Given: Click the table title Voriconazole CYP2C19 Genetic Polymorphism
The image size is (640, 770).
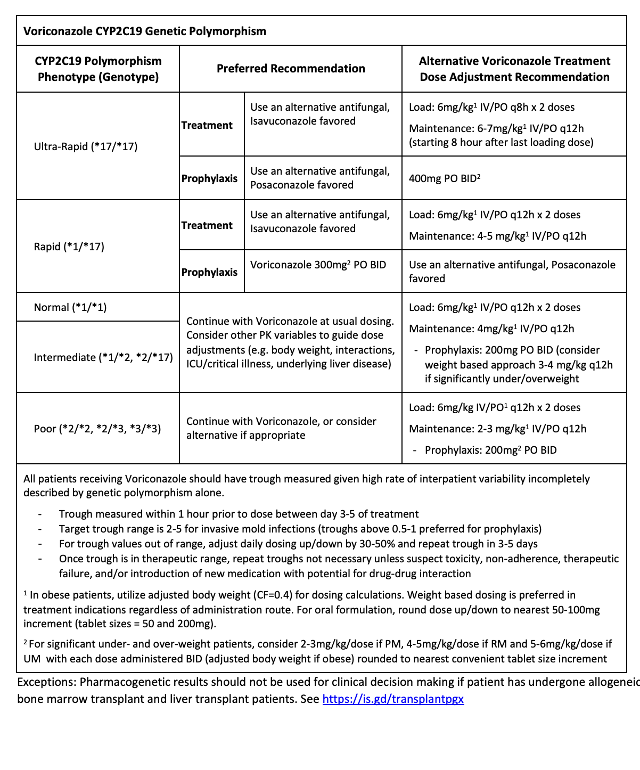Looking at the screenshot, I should tap(144, 31).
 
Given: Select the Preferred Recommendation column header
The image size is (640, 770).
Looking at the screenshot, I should tap(291, 69).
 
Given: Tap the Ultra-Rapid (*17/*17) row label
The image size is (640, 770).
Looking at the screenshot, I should tap(86, 146).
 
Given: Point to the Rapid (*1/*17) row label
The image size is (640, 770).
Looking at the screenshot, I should tap(69, 247).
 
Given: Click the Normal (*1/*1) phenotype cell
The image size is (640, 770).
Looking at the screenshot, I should tap(70, 307).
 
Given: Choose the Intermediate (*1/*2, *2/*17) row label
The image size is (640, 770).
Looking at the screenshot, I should tap(103, 357).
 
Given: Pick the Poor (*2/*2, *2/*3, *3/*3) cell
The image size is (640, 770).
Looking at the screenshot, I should tap(97, 429).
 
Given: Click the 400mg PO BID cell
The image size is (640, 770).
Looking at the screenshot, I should tap(445, 178).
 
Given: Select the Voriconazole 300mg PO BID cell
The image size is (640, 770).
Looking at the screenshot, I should tap(318, 265).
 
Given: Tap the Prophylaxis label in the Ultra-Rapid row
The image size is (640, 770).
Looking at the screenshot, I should tap(209, 178).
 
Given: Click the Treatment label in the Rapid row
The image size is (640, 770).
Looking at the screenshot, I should tap(207, 225).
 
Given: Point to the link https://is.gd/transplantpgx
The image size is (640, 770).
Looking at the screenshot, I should tap(393, 699).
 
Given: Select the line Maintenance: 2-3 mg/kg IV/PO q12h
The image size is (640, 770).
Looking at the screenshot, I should tap(497, 429).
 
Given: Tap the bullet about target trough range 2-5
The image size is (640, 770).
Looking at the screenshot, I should tap(300, 529).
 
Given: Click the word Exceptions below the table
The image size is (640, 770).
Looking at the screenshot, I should tap(45, 682).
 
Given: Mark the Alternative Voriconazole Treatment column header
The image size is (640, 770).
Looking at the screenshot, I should tap(514, 69).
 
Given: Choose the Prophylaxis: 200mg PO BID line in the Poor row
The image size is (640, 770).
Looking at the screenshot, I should tap(490, 450).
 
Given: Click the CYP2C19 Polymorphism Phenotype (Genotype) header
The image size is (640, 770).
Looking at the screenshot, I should tap(98, 69).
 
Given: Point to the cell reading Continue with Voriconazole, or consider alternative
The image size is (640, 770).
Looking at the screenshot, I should tap(281, 428).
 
